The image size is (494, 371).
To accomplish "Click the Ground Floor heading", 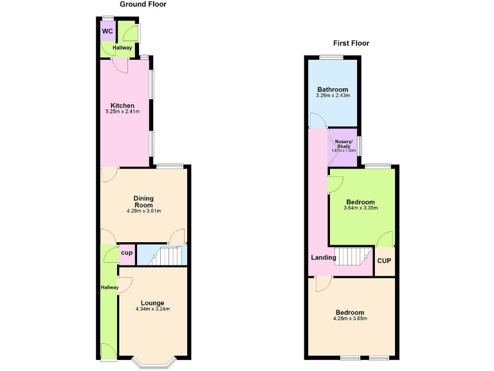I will click(143, 5).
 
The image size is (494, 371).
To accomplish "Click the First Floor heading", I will click(351, 44).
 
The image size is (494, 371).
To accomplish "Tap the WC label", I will click(107, 31).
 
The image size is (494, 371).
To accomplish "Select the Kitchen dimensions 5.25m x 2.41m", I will click(122, 111).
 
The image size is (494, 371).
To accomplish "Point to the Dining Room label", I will click(143, 202).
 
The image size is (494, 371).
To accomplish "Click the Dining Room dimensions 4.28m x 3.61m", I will click(143, 211).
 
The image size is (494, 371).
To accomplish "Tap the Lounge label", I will click(152, 303).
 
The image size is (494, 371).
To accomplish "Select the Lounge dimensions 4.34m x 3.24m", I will click(152, 309).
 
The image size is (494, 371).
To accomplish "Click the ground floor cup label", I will click(127, 253).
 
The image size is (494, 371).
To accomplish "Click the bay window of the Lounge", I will click(152, 363).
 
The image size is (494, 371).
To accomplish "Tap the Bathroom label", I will click(333, 90).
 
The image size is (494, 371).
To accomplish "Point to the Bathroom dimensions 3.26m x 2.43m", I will click(333, 96).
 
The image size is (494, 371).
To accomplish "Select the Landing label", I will click(324, 258).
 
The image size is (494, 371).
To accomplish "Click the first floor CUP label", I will click(384, 261).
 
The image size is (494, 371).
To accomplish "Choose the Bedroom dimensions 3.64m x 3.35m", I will click(360, 208).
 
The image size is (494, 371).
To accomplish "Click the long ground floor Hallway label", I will click(109, 287).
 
